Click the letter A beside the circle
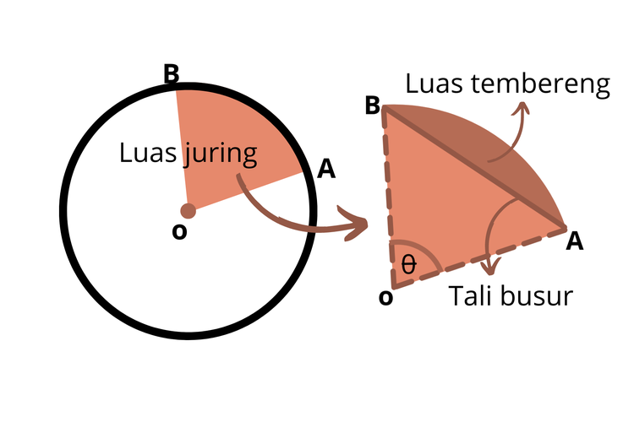click(x=326, y=170)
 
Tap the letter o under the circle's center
click(x=179, y=230)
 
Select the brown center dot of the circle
click(x=188, y=210)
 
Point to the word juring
click(x=219, y=154)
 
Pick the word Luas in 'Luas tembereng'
click(x=431, y=84)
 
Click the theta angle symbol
click(x=409, y=264)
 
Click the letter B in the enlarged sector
click(x=370, y=106)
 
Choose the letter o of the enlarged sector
click(x=385, y=298)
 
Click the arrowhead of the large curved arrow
click(x=359, y=226)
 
